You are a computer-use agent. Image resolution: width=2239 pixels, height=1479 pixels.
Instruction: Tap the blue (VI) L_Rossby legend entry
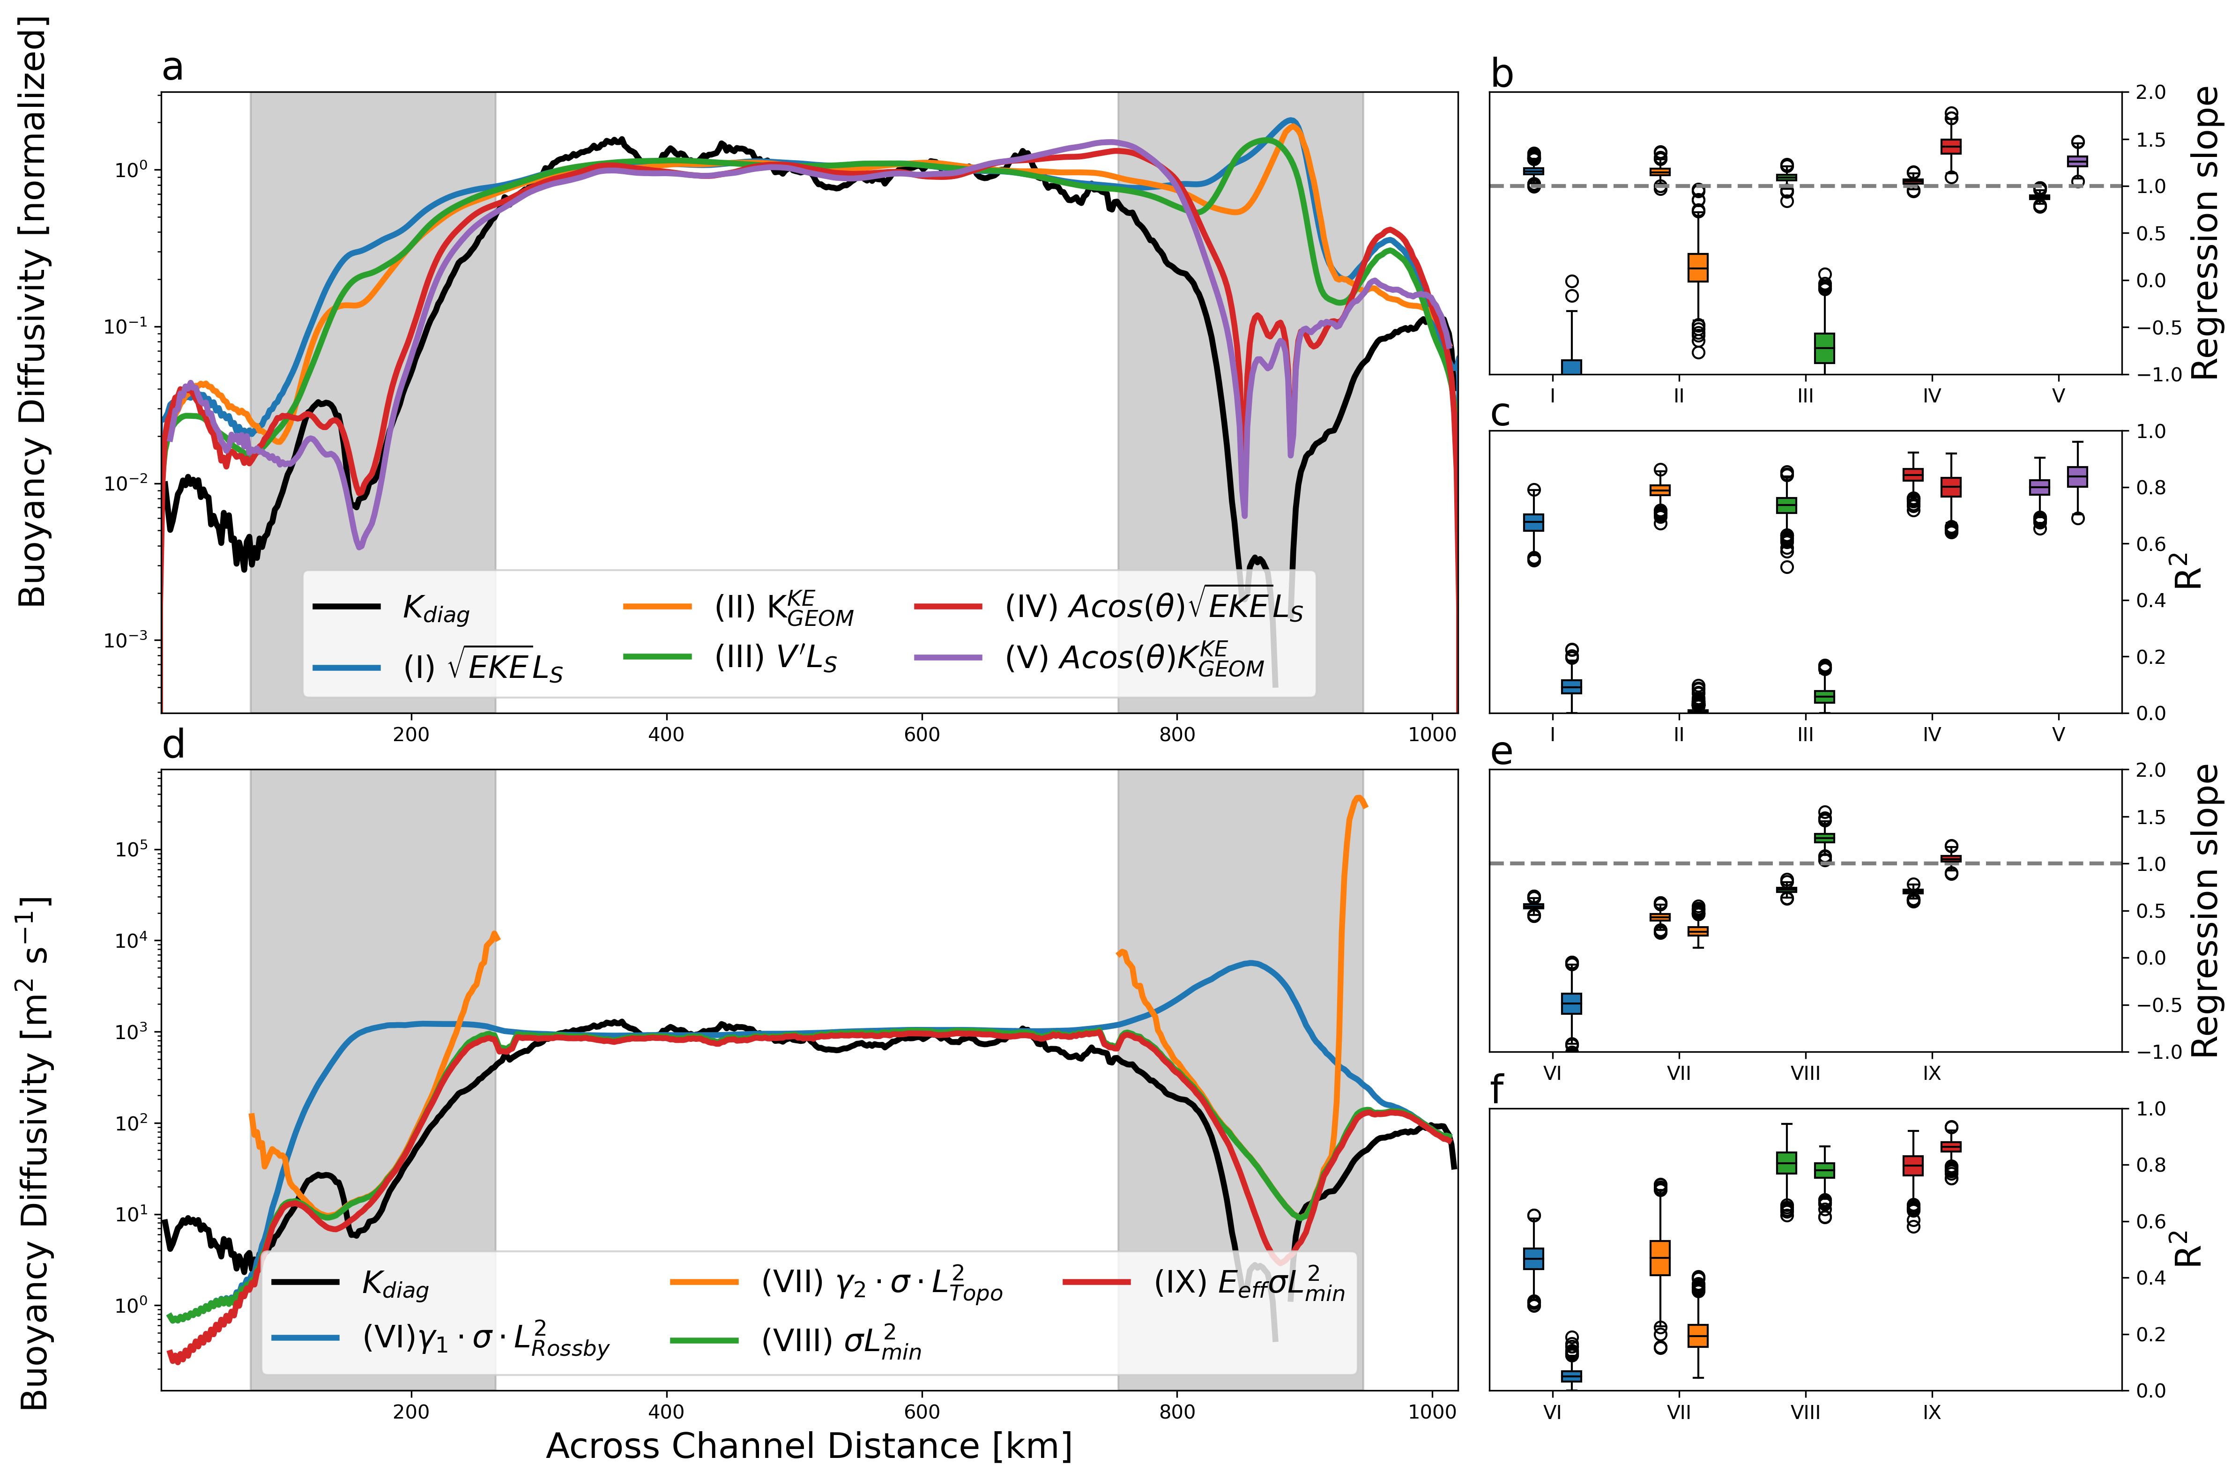(x=486, y=1339)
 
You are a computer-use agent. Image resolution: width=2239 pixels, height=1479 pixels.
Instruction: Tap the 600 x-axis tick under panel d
(x=922, y=1412)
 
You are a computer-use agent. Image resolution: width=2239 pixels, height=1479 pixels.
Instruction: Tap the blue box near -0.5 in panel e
(x=1571, y=1003)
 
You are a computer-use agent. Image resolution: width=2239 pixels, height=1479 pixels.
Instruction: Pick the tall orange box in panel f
(x=1660, y=1258)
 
